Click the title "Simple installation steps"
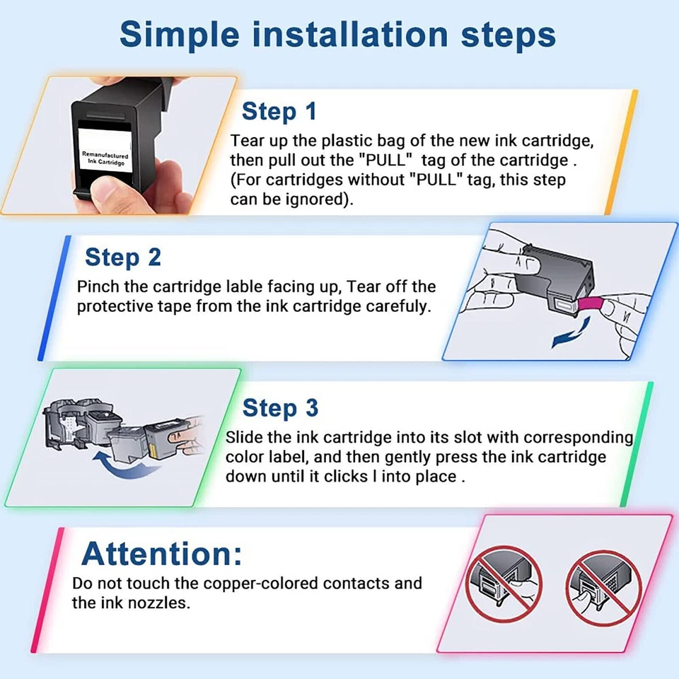click(338, 34)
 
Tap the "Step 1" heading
click(279, 112)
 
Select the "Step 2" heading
click(122, 257)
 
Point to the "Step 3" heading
click(280, 408)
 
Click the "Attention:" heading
click(161, 553)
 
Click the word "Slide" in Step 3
click(244, 438)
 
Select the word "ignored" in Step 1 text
click(313, 199)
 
